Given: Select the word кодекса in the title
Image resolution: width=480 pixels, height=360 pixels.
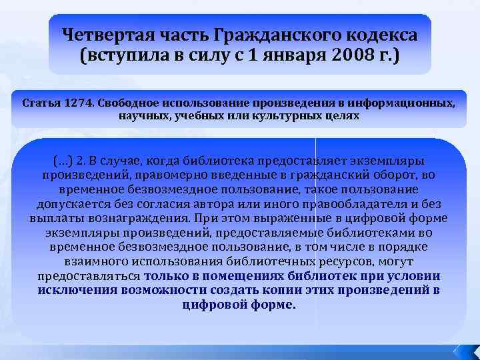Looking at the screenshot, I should point(383,34).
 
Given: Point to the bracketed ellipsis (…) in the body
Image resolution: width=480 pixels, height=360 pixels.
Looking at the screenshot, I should point(62,161).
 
